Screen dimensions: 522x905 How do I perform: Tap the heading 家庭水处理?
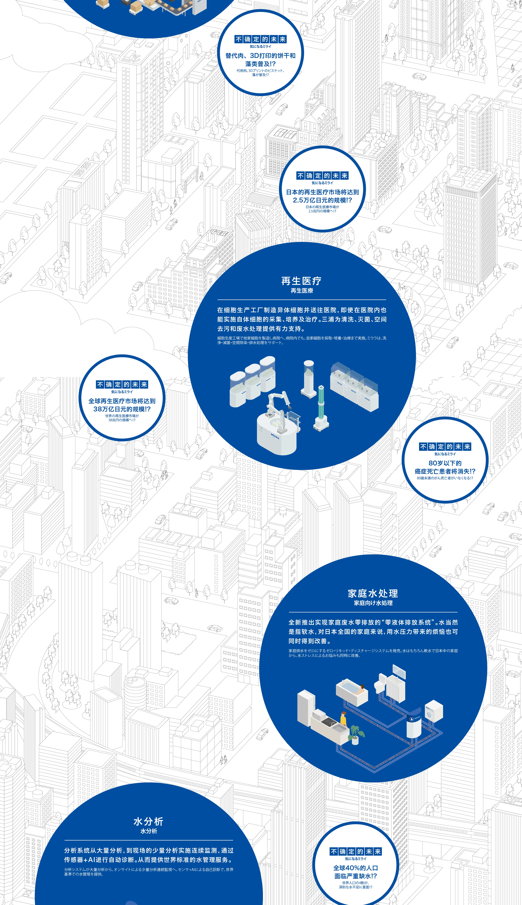373,593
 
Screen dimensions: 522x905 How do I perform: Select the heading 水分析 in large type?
148,821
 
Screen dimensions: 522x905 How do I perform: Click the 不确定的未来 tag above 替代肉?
261,39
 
